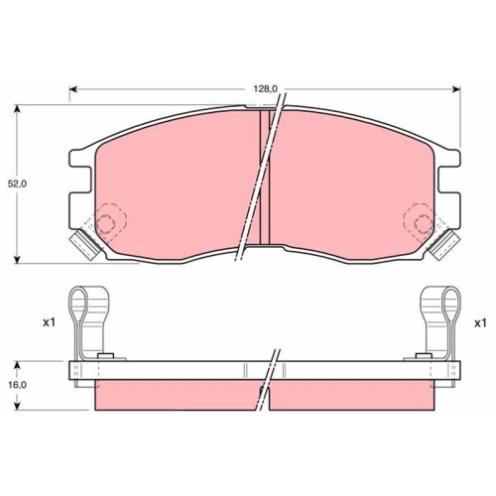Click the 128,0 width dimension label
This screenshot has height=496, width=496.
[266, 88]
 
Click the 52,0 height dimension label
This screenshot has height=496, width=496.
[17, 185]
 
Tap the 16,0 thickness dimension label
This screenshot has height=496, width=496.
[17, 385]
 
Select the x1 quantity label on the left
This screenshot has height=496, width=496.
[49, 323]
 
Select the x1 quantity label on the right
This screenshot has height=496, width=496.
[480, 323]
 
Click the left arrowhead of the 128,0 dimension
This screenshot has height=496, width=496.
[72, 89]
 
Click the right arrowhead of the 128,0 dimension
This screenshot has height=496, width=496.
[456, 89]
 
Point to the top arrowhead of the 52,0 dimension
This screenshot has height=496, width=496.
[18, 109]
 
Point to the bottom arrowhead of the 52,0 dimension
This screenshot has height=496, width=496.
[18, 259]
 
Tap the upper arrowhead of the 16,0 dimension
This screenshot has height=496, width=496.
[18, 365]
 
